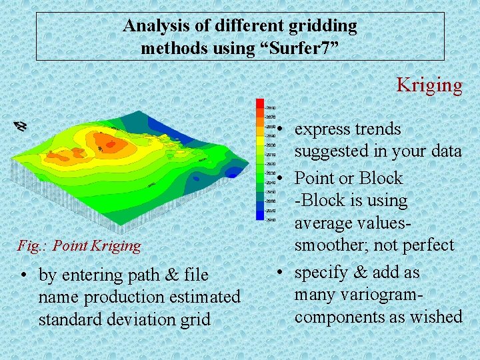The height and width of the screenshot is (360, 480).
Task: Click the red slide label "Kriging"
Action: click(x=429, y=85)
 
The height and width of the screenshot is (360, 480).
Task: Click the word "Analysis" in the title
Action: click(x=154, y=27)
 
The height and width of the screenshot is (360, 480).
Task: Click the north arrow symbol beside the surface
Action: click(x=21, y=125)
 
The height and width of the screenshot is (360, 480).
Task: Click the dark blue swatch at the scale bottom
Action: click(x=260, y=215)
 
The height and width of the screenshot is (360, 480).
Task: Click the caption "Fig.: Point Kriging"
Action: click(x=79, y=246)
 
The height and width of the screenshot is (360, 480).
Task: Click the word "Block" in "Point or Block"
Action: click(x=381, y=178)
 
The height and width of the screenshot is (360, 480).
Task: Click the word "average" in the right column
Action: click(x=327, y=223)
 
